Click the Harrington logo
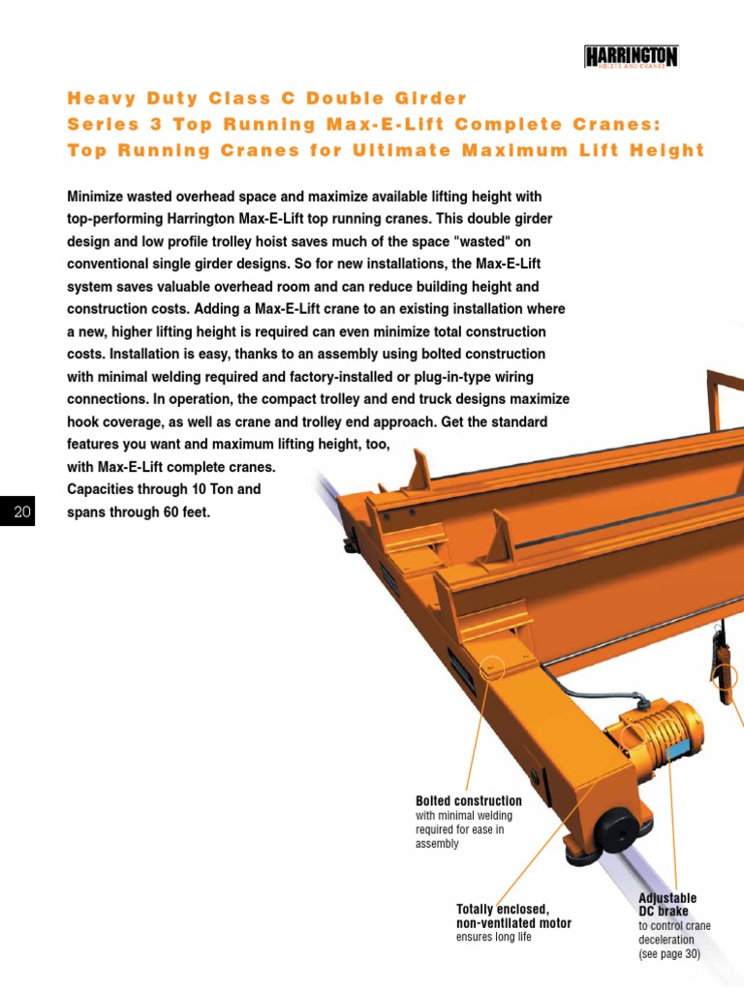(x=631, y=57)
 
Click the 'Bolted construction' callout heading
(x=468, y=801)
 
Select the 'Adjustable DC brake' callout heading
(x=666, y=905)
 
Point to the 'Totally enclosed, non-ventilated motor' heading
(x=513, y=915)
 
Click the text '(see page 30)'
(x=668, y=954)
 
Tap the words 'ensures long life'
(x=494, y=938)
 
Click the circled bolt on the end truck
(x=491, y=667)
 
